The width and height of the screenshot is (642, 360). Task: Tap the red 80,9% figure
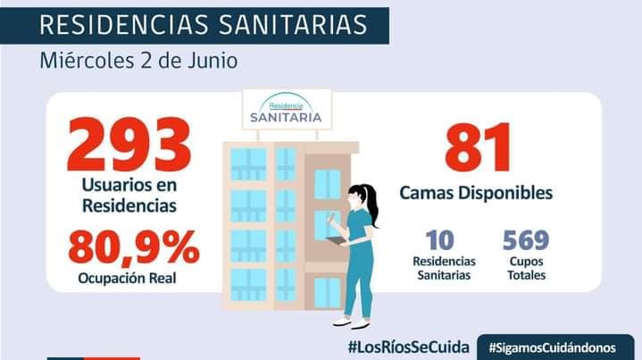pyautogui.click(x=133, y=247)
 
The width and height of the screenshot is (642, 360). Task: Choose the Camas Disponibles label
pyautogui.click(x=475, y=192)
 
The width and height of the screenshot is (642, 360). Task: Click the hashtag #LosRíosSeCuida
pyautogui.click(x=406, y=345)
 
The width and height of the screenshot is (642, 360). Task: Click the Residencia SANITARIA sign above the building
pyautogui.click(x=288, y=112)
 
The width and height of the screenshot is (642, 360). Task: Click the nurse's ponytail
pyautogui.click(x=373, y=209)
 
